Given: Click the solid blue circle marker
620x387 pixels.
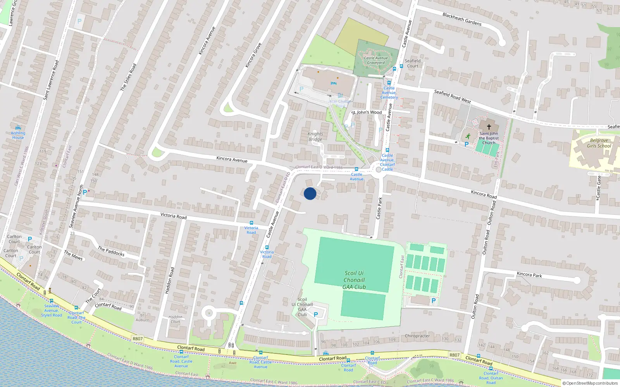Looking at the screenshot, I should (x=310, y=193).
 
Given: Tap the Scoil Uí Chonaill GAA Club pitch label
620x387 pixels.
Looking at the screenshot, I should (x=354, y=280).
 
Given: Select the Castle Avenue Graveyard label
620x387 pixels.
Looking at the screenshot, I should (x=376, y=60).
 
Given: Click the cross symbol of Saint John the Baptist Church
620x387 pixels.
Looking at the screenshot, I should (x=489, y=127).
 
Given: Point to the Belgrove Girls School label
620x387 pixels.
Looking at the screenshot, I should (x=599, y=143).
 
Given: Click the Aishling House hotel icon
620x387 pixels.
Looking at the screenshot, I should (x=18, y=127).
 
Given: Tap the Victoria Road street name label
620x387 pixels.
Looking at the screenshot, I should (x=173, y=216).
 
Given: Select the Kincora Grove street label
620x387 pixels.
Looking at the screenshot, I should (x=253, y=55).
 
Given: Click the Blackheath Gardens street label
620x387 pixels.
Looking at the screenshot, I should (x=462, y=19).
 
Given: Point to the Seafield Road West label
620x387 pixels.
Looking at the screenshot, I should (x=452, y=96).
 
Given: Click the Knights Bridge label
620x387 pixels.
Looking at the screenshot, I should (x=315, y=137).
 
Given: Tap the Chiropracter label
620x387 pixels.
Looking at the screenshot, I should (x=417, y=336).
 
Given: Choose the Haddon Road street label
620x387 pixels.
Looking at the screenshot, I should (x=170, y=280).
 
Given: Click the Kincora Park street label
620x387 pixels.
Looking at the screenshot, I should (x=529, y=274).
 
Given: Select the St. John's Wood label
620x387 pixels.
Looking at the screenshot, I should (x=367, y=112).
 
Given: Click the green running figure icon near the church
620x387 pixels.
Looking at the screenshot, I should (x=468, y=136).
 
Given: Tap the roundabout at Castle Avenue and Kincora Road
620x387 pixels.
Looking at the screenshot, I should (x=379, y=170).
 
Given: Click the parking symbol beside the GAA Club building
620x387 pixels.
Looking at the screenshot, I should (x=316, y=315).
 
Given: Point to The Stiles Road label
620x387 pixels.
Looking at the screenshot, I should (x=128, y=77).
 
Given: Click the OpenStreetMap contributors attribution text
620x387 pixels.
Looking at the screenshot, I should (x=590, y=383).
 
